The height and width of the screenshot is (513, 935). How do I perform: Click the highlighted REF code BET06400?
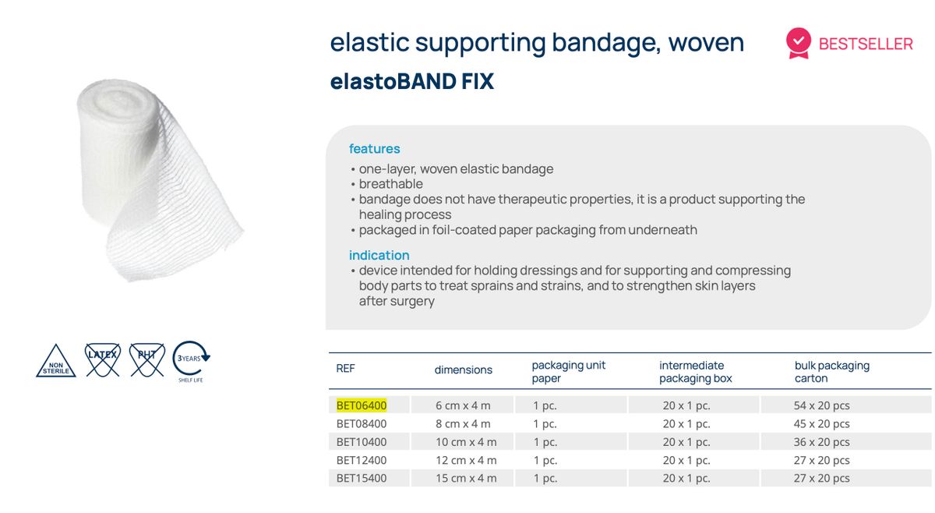tap(362, 405)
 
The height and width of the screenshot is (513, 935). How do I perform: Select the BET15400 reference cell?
tap(362, 478)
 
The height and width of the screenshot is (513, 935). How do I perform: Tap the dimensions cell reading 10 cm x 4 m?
tap(466, 442)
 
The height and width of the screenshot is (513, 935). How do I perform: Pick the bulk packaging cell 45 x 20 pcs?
tap(821, 424)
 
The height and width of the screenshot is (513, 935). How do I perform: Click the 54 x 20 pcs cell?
tap(821, 405)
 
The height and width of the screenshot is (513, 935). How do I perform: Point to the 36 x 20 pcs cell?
tap(821, 442)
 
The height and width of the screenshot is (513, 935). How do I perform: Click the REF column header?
tap(345, 369)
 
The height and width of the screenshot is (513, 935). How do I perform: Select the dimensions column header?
tap(463, 370)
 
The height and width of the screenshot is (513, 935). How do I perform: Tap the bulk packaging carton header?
tap(831, 371)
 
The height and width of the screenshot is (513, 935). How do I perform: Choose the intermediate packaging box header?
tap(695, 371)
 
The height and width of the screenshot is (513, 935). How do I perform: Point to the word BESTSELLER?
tap(866, 44)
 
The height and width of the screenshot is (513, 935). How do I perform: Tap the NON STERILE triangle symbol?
tap(56, 363)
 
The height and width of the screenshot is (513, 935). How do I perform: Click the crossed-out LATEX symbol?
tap(102, 359)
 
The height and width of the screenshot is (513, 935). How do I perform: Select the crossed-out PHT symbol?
tap(146, 359)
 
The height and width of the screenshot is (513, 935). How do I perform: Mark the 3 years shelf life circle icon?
tap(191, 359)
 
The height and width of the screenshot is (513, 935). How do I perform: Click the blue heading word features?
tap(374, 149)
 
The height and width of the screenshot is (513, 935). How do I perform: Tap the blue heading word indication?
tap(379, 255)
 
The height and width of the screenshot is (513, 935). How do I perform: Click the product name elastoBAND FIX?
tap(411, 82)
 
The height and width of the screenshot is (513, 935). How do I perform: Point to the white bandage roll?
tap(156, 179)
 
